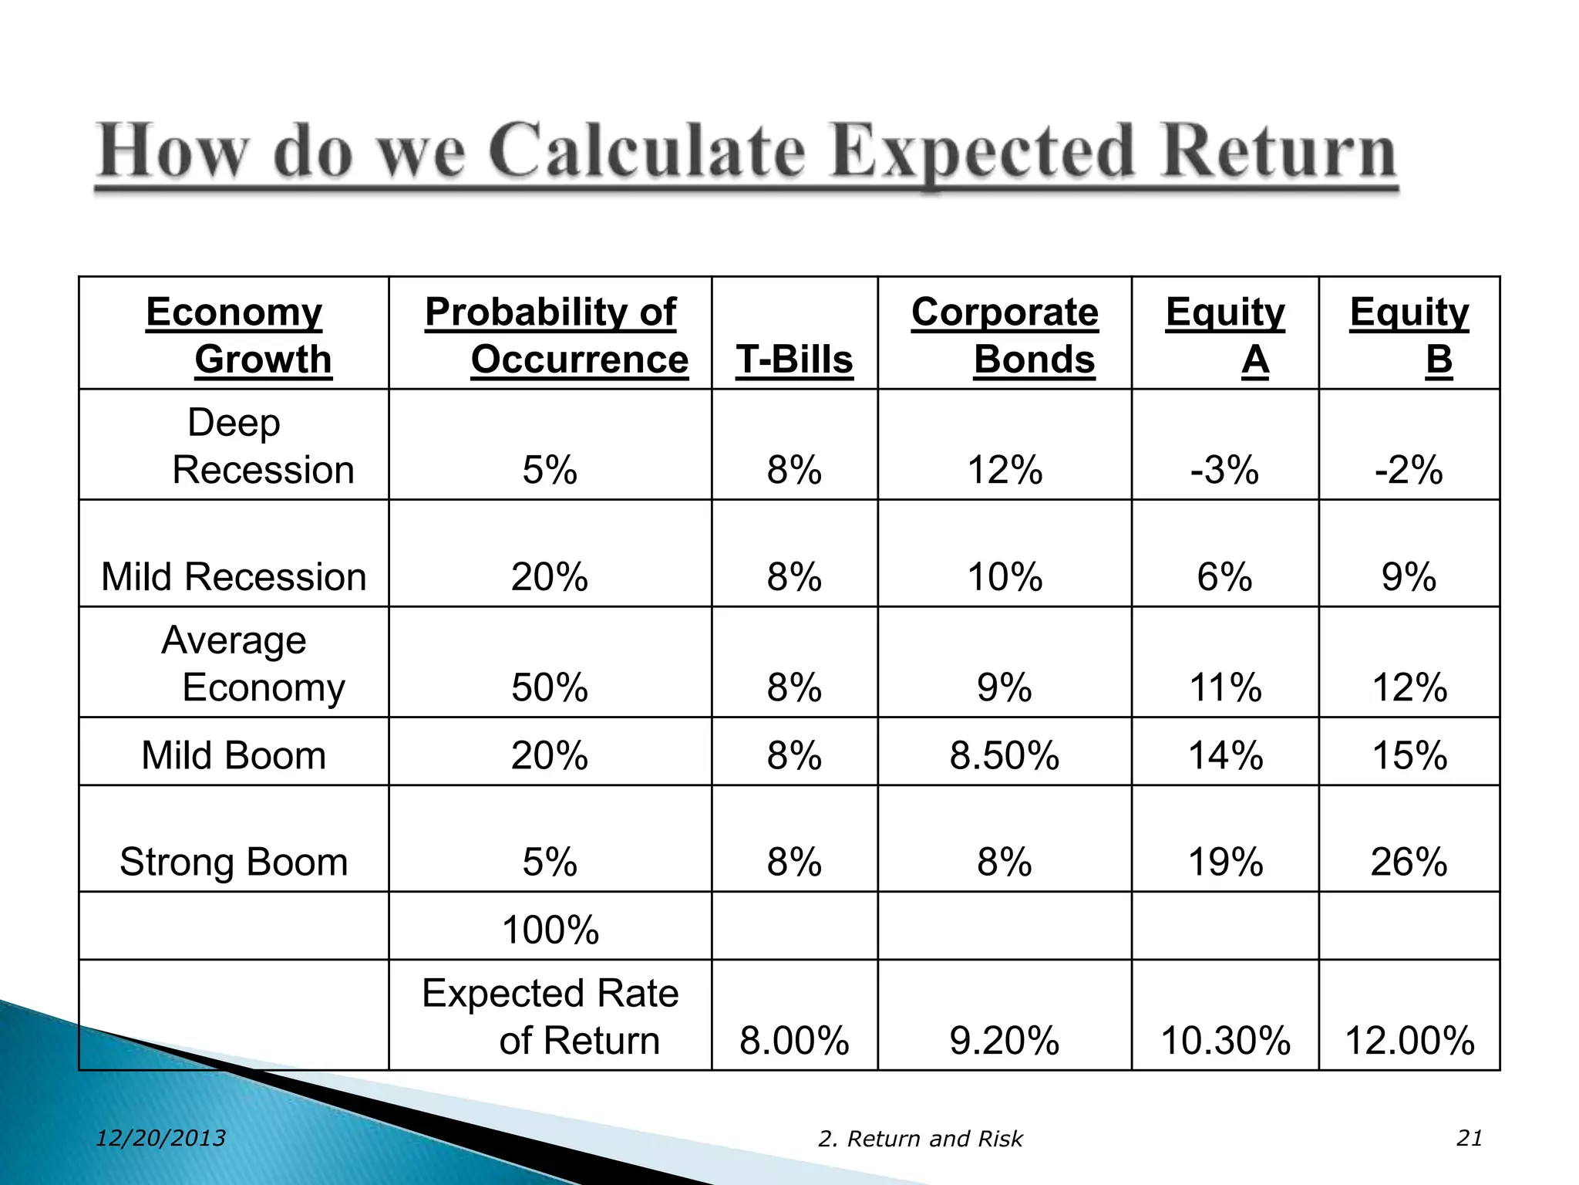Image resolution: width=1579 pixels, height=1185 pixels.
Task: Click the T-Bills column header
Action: pos(794,360)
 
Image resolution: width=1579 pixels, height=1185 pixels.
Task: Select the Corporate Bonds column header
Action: pos(1005,336)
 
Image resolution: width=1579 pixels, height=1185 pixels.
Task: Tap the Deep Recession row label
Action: pos(234,446)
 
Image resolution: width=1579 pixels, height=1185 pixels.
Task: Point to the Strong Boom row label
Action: pos(234,862)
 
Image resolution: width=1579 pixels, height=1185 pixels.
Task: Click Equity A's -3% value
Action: pos(1224,470)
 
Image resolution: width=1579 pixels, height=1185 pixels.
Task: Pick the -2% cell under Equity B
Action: pos(1409,470)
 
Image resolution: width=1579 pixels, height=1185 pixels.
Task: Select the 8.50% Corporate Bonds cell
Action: pos(1005,755)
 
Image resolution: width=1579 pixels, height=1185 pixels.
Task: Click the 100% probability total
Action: pos(550,930)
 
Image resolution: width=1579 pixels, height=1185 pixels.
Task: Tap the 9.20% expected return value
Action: pos(1005,1040)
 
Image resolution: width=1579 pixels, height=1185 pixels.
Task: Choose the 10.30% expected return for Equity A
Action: pos(1225,1040)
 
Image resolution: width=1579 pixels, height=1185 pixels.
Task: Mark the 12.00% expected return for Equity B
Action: pos(1409,1040)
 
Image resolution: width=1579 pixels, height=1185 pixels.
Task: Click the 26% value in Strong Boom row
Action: pos(1409,862)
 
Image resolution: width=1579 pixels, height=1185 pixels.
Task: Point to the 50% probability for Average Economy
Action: pos(550,687)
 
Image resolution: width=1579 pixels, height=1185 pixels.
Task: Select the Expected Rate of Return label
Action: pos(550,1016)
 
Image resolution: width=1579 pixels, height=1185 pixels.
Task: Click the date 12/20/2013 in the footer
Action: pos(160,1138)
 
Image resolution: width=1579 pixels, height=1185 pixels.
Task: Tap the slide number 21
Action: pos(1470,1138)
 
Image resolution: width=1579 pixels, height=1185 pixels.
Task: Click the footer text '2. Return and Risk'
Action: pos(920,1139)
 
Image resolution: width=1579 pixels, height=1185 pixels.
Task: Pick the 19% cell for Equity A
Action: pos(1225,862)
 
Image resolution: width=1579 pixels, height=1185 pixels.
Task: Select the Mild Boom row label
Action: pos(234,755)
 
